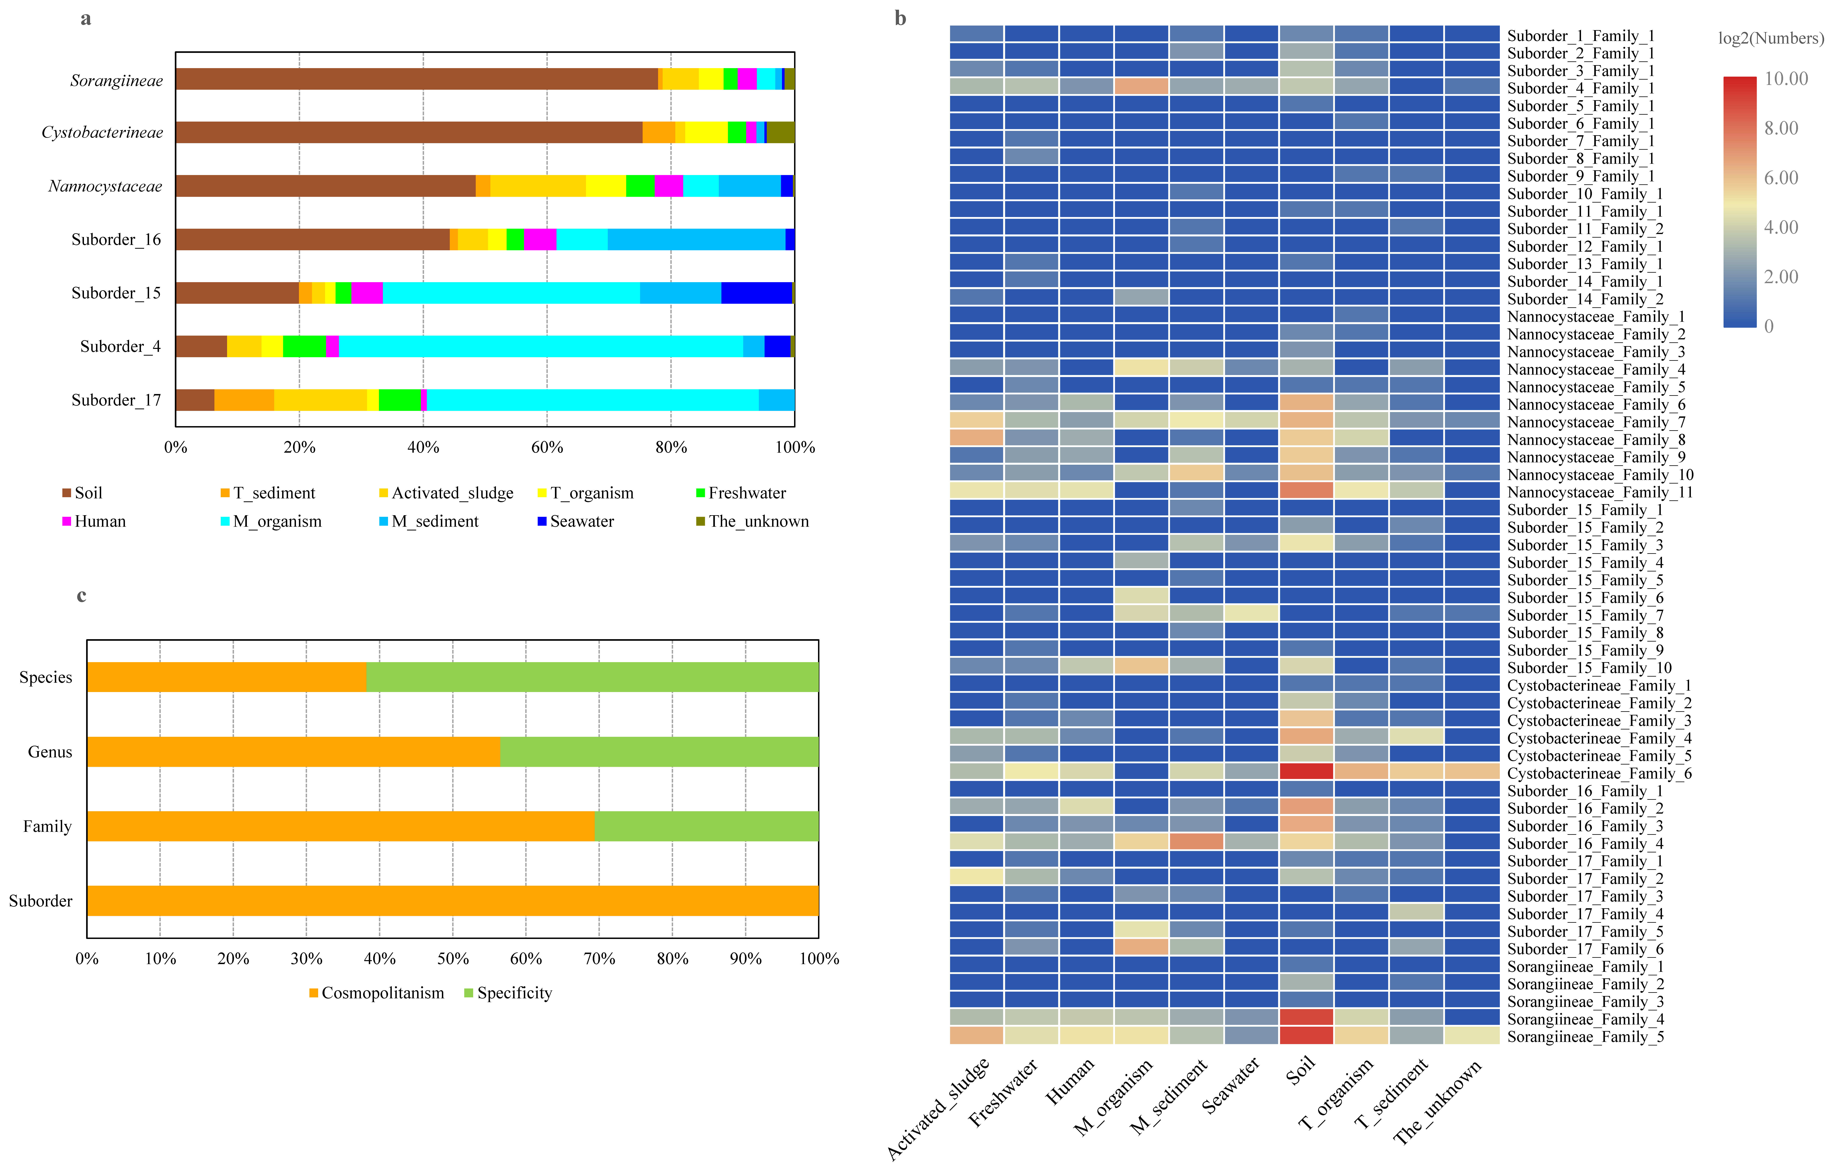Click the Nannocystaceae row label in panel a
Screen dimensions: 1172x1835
coord(105,187)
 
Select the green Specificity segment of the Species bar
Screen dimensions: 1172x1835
coord(592,677)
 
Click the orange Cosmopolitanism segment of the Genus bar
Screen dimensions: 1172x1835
coord(293,752)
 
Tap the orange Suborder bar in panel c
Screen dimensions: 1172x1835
coord(453,901)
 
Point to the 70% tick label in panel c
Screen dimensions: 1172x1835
coord(599,959)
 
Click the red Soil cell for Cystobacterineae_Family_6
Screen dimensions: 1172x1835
coord(1306,772)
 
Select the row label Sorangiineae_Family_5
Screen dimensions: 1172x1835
coord(1585,1037)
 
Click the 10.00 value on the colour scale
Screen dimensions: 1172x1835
coord(1786,79)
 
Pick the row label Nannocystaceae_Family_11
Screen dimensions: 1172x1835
coord(1600,492)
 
